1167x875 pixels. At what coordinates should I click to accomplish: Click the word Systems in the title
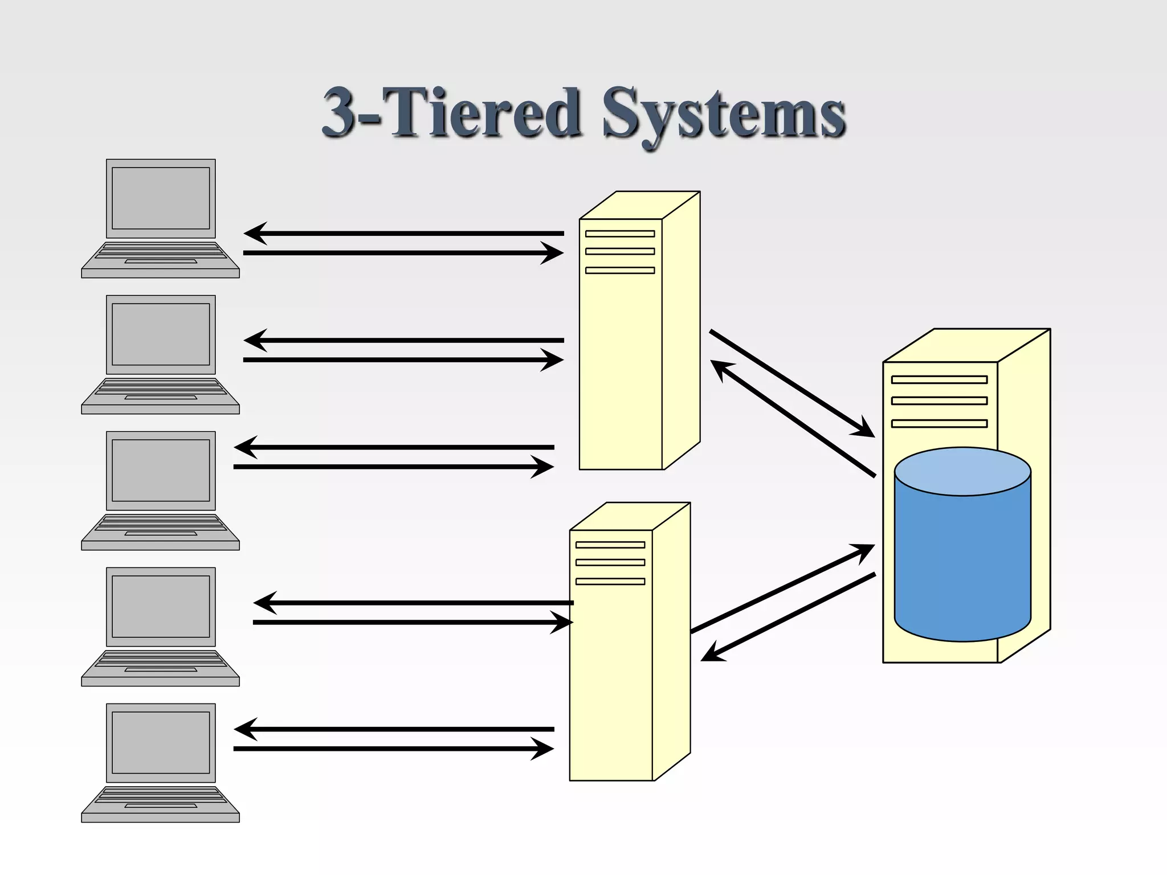click(724, 114)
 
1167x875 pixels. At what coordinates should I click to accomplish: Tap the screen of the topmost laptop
click(161, 198)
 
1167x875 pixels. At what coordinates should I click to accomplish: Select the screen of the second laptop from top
click(161, 334)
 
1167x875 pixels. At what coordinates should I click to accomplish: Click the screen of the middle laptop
click(161, 471)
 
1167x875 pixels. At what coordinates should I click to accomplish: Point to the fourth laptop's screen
click(161, 606)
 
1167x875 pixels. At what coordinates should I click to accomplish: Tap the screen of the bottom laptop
click(161, 742)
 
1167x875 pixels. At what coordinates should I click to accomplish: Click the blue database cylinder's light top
click(962, 472)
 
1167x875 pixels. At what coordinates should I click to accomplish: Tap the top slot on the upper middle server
click(620, 234)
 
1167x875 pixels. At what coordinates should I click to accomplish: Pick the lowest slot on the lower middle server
click(610, 582)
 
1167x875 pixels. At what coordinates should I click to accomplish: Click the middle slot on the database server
click(939, 401)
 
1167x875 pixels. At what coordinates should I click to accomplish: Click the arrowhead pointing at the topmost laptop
click(254, 234)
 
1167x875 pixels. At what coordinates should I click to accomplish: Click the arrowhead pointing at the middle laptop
click(244, 447)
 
